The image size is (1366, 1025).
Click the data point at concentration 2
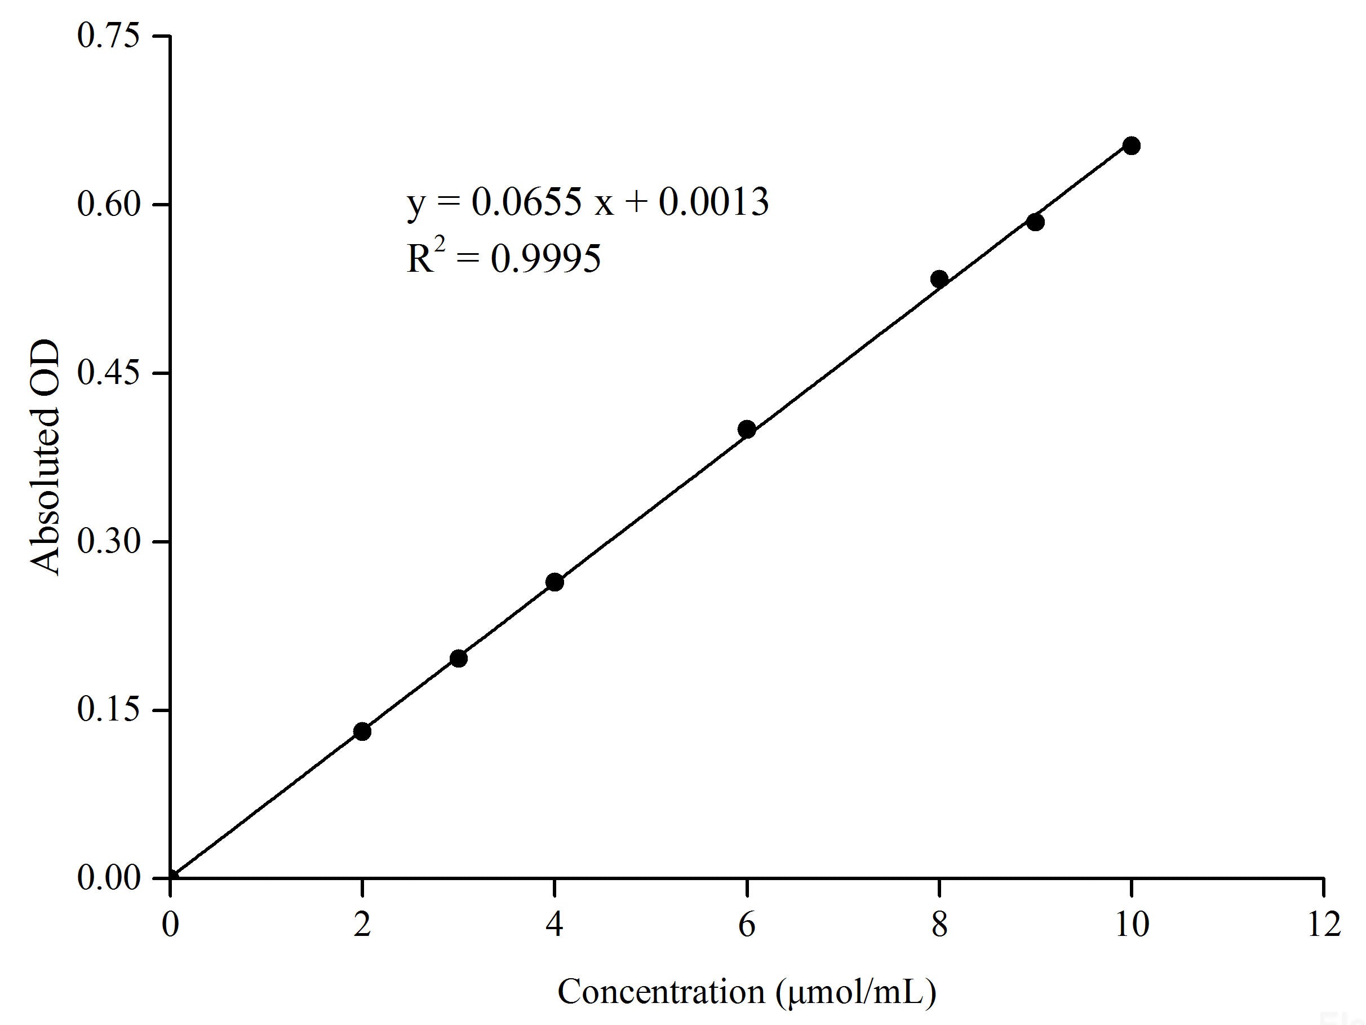[x=362, y=731]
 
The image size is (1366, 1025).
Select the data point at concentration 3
[x=458, y=658]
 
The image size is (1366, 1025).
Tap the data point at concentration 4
[x=555, y=582]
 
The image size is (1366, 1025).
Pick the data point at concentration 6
[x=747, y=430]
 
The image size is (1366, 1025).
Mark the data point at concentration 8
[x=939, y=279]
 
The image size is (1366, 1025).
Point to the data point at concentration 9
[x=1036, y=222]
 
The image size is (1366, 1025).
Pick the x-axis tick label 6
[x=747, y=925]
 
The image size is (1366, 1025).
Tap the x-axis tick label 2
[x=362, y=925]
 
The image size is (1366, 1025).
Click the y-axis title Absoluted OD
[x=46, y=457]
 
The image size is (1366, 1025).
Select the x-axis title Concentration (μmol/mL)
[x=747, y=992]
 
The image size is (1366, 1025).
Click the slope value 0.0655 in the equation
[x=527, y=201]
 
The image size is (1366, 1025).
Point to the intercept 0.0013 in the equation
[x=713, y=201]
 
